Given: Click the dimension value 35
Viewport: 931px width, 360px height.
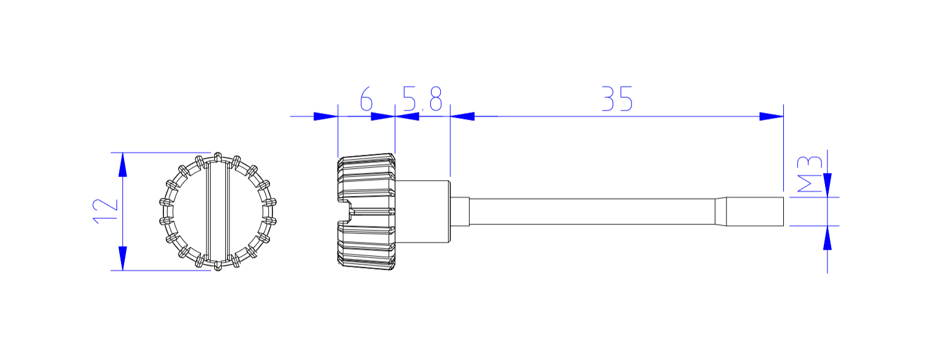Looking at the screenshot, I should click(617, 99).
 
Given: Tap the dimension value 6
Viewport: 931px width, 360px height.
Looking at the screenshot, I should click(366, 99).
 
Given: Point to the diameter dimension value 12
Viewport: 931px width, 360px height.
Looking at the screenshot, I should click(105, 211).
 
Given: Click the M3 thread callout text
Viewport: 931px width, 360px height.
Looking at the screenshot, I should click(811, 174).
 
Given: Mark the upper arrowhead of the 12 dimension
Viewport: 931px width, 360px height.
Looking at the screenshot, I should click(123, 165).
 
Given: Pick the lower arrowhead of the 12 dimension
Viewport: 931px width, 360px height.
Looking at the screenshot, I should click(123, 258).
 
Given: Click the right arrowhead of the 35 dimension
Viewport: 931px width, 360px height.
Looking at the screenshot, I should click(771, 116).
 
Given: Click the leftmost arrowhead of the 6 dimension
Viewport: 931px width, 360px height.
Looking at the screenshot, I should click(325, 116).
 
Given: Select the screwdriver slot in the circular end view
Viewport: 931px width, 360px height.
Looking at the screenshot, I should click(218, 211).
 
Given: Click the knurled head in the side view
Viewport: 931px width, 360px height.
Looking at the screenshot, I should click(366, 182).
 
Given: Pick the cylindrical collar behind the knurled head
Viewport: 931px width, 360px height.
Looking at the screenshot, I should click(422, 211).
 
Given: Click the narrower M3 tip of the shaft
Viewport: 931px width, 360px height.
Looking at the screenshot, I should click(755, 211).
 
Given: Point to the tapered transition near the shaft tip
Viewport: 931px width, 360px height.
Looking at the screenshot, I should click(720, 211).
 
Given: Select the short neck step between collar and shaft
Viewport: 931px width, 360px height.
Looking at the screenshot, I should click(460, 211).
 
